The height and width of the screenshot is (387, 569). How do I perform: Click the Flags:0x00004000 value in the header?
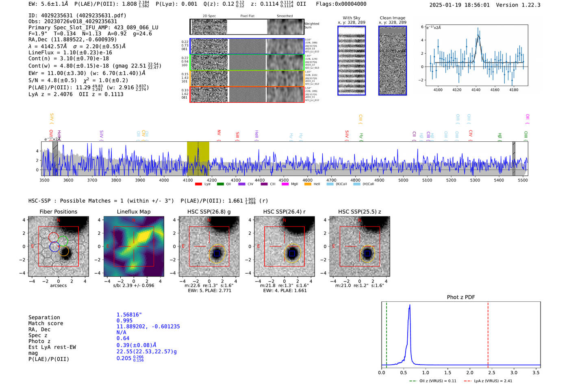click(341, 4)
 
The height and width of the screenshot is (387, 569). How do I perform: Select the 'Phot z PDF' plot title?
click(460, 297)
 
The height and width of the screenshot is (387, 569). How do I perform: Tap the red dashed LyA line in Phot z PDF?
click(488, 333)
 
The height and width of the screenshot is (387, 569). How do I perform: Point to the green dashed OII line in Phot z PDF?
click(387, 333)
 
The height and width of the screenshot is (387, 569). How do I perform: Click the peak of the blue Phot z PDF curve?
click(410, 305)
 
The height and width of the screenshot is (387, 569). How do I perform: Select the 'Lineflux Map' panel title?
click(133, 212)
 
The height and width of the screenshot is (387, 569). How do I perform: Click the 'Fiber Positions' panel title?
click(58, 212)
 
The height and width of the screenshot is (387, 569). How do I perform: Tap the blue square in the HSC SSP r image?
click(292, 253)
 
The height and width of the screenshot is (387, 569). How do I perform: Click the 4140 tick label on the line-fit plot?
click(476, 90)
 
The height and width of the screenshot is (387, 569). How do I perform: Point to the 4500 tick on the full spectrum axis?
click(283, 180)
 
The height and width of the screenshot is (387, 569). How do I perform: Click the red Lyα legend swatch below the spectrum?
click(198, 184)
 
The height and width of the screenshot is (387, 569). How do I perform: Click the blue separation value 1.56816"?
click(129, 315)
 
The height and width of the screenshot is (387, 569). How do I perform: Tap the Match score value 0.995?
click(124, 320)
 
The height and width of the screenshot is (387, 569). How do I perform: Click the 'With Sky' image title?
click(351, 18)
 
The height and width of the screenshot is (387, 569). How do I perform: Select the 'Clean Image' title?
click(392, 18)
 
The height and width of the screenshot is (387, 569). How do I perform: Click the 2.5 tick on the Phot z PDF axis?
click(492, 372)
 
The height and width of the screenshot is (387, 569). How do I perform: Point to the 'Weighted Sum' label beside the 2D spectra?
click(311, 26)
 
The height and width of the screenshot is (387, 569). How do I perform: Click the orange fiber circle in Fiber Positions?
click(64, 251)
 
